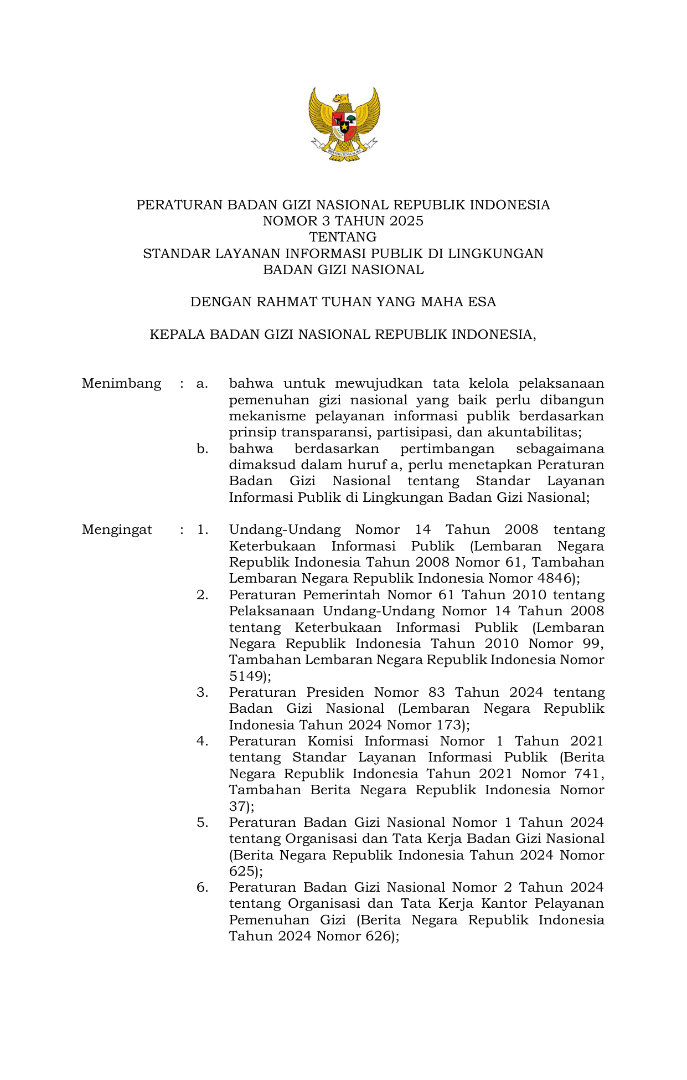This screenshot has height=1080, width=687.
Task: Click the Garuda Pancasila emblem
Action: [344, 125]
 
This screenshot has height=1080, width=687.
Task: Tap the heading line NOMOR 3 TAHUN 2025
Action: [343, 221]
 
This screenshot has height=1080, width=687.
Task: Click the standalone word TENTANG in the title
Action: [343, 237]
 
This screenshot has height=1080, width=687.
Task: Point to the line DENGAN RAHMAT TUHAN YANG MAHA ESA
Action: [343, 302]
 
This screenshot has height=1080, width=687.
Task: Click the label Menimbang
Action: [121, 383]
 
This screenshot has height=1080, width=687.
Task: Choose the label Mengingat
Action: [117, 529]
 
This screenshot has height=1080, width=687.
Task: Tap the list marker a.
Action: [202, 383]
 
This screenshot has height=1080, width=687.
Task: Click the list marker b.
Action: [202, 449]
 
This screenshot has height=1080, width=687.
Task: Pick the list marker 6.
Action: [202, 887]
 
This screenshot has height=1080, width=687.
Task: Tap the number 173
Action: [448, 725]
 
